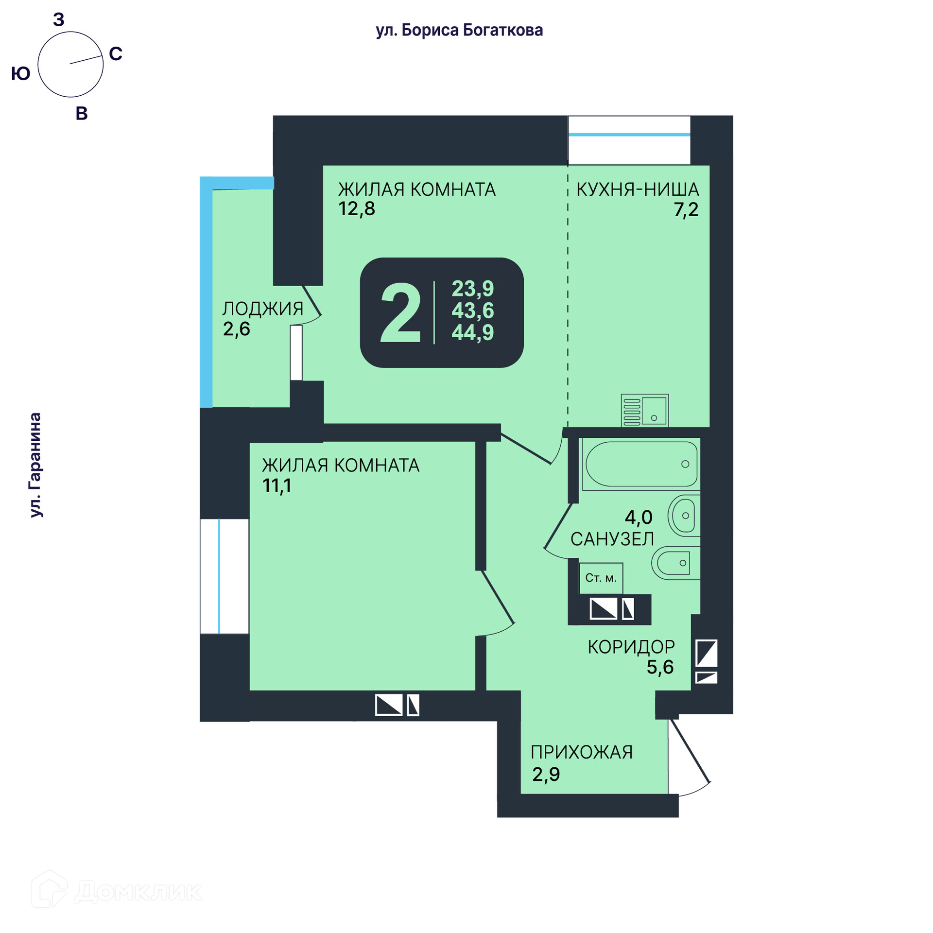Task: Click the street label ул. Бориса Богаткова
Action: click(459, 30)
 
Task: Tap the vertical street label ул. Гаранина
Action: click(35, 465)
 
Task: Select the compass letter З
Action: click(59, 20)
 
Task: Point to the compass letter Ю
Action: click(20, 74)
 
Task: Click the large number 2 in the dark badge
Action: click(400, 313)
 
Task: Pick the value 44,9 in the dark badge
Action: click(472, 332)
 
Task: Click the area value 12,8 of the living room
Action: click(357, 208)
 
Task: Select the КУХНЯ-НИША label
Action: click(637, 190)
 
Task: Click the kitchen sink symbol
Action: click(645, 411)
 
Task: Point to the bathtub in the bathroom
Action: click(641, 464)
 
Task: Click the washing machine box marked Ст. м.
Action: click(601, 578)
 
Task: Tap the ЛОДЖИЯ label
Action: click(262, 309)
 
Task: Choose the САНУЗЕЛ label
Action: click(612, 539)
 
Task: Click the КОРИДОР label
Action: click(631, 647)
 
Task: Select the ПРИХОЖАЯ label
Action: click(581, 752)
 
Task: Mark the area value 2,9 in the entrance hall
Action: click(546, 774)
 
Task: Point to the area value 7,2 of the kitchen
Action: click(686, 209)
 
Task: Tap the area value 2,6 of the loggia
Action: click(236, 329)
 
